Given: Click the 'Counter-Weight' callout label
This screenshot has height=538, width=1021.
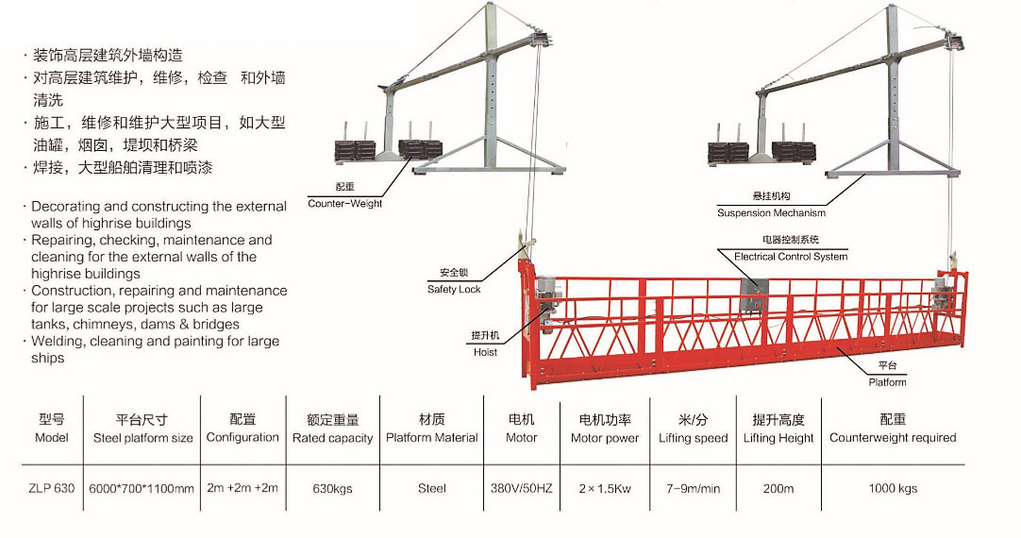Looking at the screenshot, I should coord(344,203).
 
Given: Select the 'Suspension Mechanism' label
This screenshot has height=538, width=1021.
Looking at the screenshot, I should coord(771,212).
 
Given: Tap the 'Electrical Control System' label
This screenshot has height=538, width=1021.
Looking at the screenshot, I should coord(791,256).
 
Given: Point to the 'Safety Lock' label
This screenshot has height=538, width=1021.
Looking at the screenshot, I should coord(454,289).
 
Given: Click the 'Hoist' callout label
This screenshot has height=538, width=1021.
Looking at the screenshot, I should coord(485,352).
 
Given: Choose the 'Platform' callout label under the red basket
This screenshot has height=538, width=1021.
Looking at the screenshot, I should coord(887,381).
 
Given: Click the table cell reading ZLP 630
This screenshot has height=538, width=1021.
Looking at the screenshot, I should coord(52,488).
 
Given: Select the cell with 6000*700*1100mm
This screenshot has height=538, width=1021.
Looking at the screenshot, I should coord(142,488).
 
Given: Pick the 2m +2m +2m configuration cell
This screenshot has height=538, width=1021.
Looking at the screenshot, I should coord(243,488).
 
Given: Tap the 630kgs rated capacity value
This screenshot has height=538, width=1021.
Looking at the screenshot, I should coord(332,488).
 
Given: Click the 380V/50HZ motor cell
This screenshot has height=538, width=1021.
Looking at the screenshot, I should coord(521,488).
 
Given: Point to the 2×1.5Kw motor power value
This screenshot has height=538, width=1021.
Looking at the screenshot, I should coord(604,488).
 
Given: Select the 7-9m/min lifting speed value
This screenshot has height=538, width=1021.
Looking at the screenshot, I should coord(693,488).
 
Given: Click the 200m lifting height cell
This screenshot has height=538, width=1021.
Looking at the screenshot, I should coord(778,488).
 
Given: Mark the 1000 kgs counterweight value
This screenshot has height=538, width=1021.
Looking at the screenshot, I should coord(893,488).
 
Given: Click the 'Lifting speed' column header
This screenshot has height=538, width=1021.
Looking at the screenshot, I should coord(693,438).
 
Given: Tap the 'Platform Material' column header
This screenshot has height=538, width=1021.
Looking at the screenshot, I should coord(431,438).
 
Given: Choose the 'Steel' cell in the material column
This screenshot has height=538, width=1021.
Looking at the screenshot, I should coord(431,488).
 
